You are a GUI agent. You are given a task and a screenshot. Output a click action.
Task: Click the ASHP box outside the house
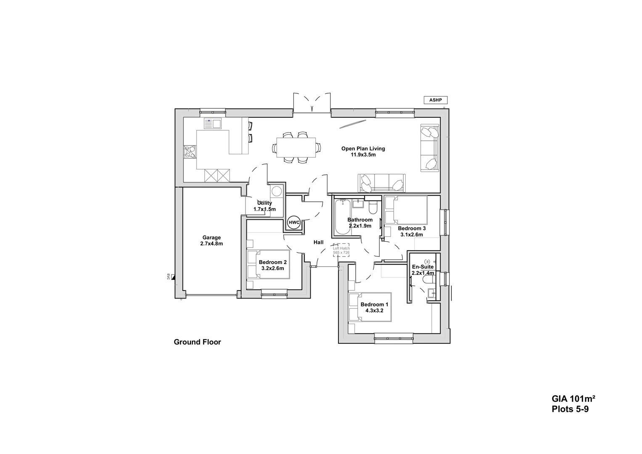(x=435, y=100)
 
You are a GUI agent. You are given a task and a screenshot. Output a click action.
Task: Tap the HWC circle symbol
(x=293, y=222)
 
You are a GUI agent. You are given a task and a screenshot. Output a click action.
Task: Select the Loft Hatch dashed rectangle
(x=341, y=250)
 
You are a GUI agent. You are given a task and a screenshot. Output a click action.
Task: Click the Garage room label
(x=211, y=240)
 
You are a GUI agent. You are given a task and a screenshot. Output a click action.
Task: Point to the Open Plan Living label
(x=363, y=151)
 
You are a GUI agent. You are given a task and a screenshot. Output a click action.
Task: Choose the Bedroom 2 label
(x=272, y=265)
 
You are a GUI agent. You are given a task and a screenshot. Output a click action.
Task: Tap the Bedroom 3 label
(x=412, y=231)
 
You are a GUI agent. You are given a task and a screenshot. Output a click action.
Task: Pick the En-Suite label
(x=423, y=270)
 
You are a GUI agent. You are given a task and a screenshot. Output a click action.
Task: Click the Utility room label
(x=264, y=206)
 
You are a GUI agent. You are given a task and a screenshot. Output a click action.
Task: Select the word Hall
(x=318, y=242)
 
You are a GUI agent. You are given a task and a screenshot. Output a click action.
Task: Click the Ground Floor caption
(x=197, y=342)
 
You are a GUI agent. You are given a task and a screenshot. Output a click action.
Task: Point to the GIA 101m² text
(x=573, y=399)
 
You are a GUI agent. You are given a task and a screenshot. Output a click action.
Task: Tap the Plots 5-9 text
(x=570, y=409)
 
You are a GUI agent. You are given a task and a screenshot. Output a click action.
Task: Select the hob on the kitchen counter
(x=190, y=151)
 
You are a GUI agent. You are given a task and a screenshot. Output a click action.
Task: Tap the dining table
(x=296, y=148)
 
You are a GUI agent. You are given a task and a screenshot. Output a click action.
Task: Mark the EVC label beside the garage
(x=168, y=276)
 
